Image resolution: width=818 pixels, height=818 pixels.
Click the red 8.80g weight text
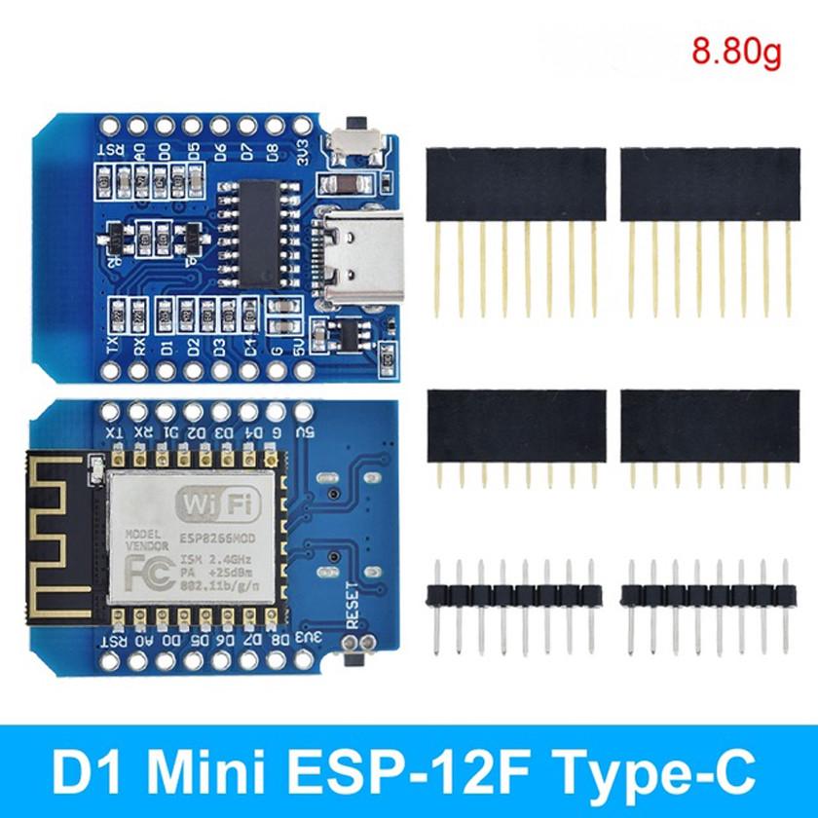tap(736, 50)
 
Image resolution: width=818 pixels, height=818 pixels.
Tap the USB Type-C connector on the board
tap(352, 259)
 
